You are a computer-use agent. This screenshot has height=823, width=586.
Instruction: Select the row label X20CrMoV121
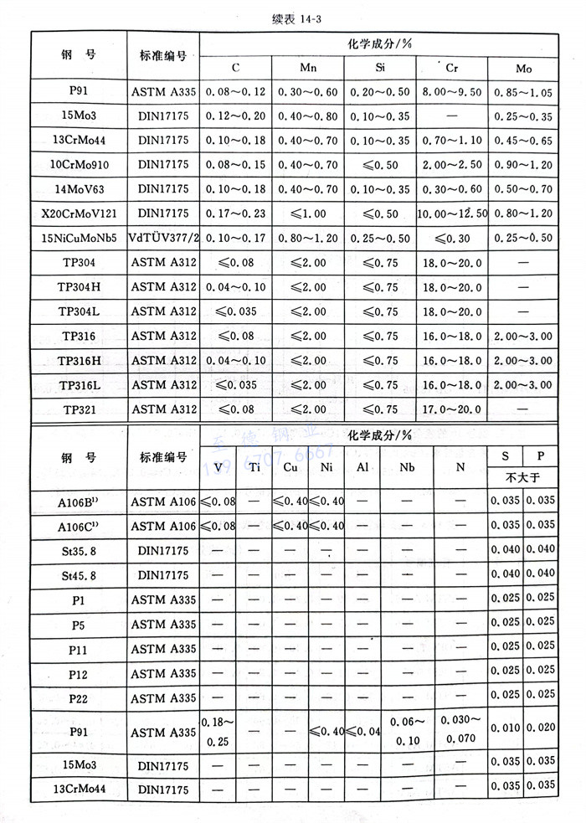pyautogui.click(x=79, y=213)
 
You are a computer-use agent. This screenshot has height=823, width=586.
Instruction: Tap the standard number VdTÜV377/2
pyautogui.click(x=163, y=238)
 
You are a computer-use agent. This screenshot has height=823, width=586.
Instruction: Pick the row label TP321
pyautogui.click(x=79, y=409)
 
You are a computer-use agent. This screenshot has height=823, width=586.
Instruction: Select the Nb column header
pyautogui.click(x=407, y=467)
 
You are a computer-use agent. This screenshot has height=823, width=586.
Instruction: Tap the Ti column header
pyautogui.click(x=255, y=467)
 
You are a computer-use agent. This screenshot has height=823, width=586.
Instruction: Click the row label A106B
pyautogui.click(x=79, y=502)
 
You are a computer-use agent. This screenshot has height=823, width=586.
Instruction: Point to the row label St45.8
pyautogui.click(x=79, y=575)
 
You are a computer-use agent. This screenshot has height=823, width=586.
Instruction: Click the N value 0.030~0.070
pyautogui.click(x=460, y=728)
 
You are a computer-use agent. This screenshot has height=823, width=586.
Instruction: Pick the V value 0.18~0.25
pyautogui.click(x=218, y=728)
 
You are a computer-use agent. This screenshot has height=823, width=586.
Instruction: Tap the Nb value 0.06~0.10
pyautogui.click(x=407, y=728)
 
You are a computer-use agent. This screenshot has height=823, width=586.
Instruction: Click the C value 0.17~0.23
pyautogui.click(x=234, y=213)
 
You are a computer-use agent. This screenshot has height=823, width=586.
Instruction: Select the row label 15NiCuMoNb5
pyautogui.click(x=79, y=238)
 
